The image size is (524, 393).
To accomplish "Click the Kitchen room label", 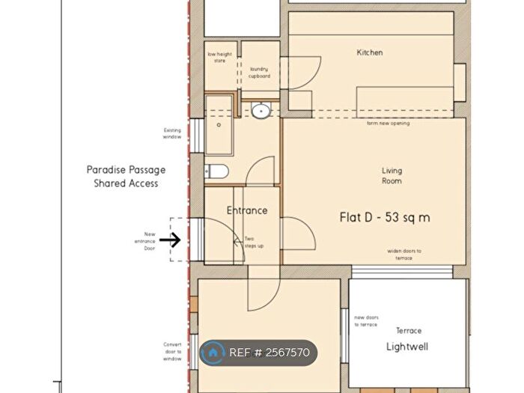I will [x=370, y=52].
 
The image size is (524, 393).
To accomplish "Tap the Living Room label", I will [x=392, y=176].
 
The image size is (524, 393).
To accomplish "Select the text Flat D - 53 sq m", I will [x=386, y=218].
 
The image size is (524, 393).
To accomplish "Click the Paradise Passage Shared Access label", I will [x=126, y=176].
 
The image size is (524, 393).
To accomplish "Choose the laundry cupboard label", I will [x=260, y=73].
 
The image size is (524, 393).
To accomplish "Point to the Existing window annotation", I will [x=173, y=134].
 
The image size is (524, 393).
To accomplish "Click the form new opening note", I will [x=388, y=123].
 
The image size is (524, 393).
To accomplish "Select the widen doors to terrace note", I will [x=404, y=254].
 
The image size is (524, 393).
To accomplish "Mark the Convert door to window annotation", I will [x=172, y=350].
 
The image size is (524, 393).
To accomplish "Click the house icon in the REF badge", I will [x=214, y=352].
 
